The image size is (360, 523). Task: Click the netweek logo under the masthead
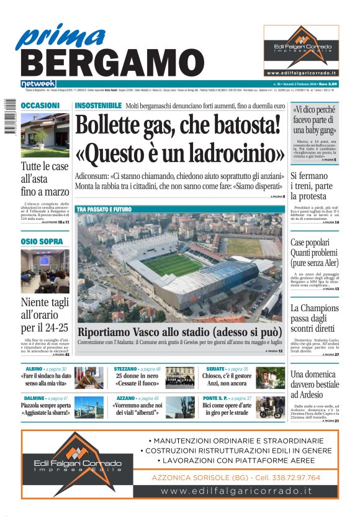pyautogui.click(x=38, y=84)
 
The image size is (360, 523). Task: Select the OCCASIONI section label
pyautogui.click(x=40, y=106)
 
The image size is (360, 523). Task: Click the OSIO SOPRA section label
pyautogui.click(x=38, y=242)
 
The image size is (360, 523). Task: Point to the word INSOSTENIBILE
pyautogui.click(x=98, y=106)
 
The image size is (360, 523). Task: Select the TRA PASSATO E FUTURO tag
pyautogui.click(x=104, y=210)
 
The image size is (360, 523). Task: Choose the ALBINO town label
pyautogui.click(x=30, y=369)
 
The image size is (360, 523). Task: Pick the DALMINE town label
pyautogui.click(x=34, y=398)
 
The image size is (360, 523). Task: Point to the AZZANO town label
pyautogui.click(x=126, y=398)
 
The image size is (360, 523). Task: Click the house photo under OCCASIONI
pyautogui.click(x=45, y=135)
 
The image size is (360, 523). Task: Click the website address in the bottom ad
pyautogui.click(x=236, y=491)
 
